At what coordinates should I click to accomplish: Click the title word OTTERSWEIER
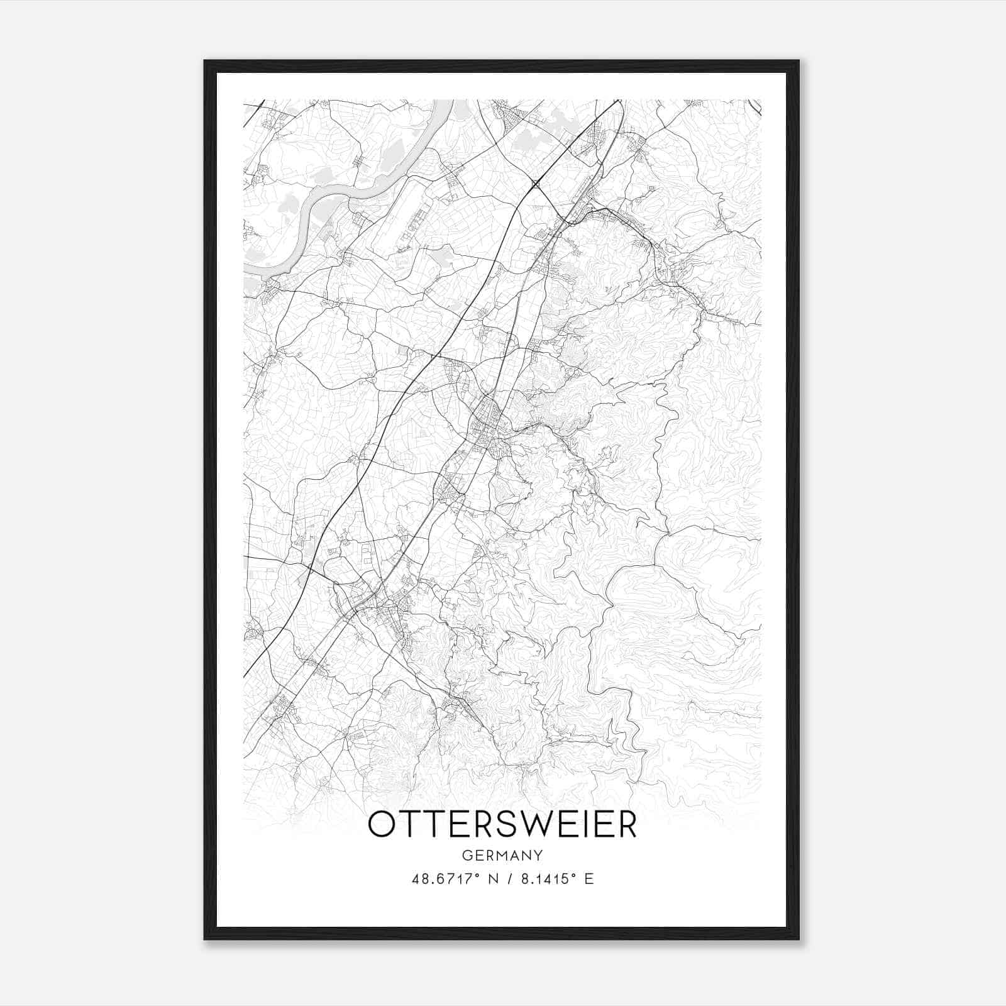pyautogui.click(x=502, y=825)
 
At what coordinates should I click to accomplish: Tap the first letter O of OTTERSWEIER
pyautogui.click(x=382, y=825)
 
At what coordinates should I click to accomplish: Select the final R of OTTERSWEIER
pyautogui.click(x=626, y=825)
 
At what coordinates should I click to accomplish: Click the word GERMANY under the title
pyautogui.click(x=502, y=855)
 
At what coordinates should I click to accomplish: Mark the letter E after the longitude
pyautogui.click(x=589, y=879)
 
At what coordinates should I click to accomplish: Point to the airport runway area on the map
pyautogui.click(x=402, y=214)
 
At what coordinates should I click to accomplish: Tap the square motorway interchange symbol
pyautogui.click(x=536, y=184)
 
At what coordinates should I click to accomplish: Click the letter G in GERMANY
pyautogui.click(x=466, y=855)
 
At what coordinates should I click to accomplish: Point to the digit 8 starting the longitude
pyautogui.click(x=524, y=879)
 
